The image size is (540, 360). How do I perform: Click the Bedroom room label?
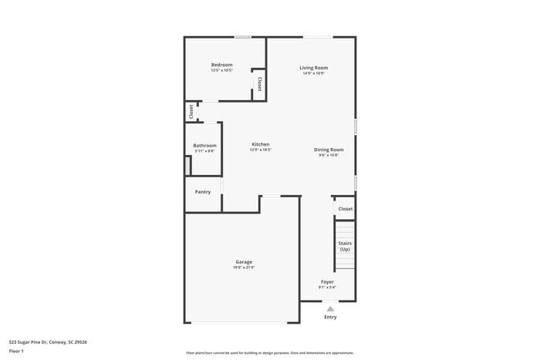pos(221,65)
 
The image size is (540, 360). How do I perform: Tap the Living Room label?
pos(314,68)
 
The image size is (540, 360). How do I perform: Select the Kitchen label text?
pos(260,144)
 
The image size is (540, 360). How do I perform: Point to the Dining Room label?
pos(329,150)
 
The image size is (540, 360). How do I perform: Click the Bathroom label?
pos(204,146)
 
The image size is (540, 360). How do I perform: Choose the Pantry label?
pos(203,192)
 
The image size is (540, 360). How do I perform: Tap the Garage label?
pos(244,261)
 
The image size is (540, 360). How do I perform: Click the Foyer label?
pos(327,282)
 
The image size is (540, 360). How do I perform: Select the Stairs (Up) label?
pos(345,246)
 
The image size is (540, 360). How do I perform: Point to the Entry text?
pos(330,317)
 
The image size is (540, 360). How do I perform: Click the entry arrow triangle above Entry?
pos(330,308)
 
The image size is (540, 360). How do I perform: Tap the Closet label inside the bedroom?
pos(260,84)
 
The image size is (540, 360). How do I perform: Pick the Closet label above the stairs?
pos(345,209)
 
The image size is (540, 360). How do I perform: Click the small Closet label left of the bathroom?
pos(191,112)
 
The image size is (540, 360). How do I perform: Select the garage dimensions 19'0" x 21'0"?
pos(244,267)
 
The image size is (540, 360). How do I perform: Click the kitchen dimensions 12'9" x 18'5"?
pos(260,150)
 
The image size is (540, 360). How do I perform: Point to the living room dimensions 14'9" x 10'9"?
pos(314,73)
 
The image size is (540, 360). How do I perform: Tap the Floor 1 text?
pos(16,351)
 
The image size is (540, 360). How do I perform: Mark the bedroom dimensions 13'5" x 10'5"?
pos(221,70)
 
